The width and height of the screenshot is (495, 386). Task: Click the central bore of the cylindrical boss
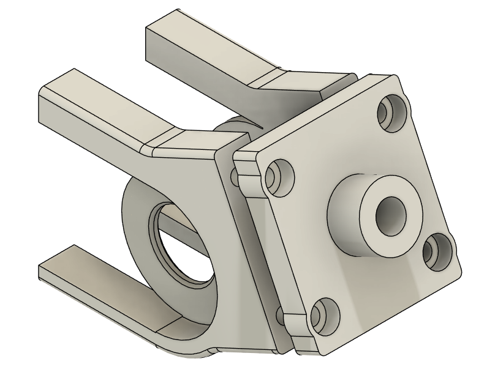click(x=391, y=214)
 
